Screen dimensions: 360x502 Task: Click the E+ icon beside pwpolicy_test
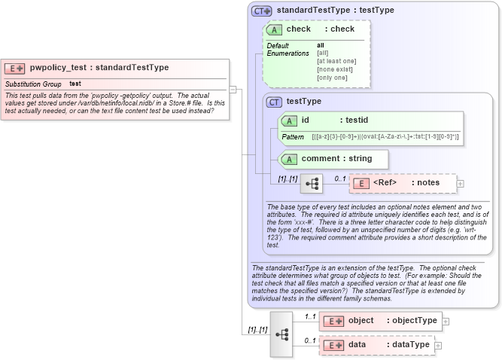pyautogui.click(x=16, y=68)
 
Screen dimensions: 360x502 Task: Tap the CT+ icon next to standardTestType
pyautogui.click(x=261, y=11)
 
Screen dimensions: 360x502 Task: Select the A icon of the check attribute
pyautogui.click(x=274, y=29)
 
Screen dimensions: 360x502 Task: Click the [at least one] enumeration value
pyautogui.click(x=336, y=61)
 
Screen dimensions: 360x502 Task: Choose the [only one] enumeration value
pyautogui.click(x=332, y=78)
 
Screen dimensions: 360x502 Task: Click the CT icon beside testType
pyautogui.click(x=274, y=102)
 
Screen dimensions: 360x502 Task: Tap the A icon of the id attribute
pyautogui.click(x=289, y=120)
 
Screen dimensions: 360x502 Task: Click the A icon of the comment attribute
pyautogui.click(x=289, y=159)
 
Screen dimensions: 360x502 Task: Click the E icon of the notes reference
pyautogui.click(x=361, y=183)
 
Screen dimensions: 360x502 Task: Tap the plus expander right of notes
pyautogui.click(x=461, y=183)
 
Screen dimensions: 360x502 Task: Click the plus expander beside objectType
pyautogui.click(x=446, y=321)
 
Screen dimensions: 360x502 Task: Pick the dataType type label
pyautogui.click(x=408, y=345)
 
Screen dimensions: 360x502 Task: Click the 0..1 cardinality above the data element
pyautogui.click(x=310, y=340)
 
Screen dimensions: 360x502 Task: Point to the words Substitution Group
pyautogui.click(x=33, y=84)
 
